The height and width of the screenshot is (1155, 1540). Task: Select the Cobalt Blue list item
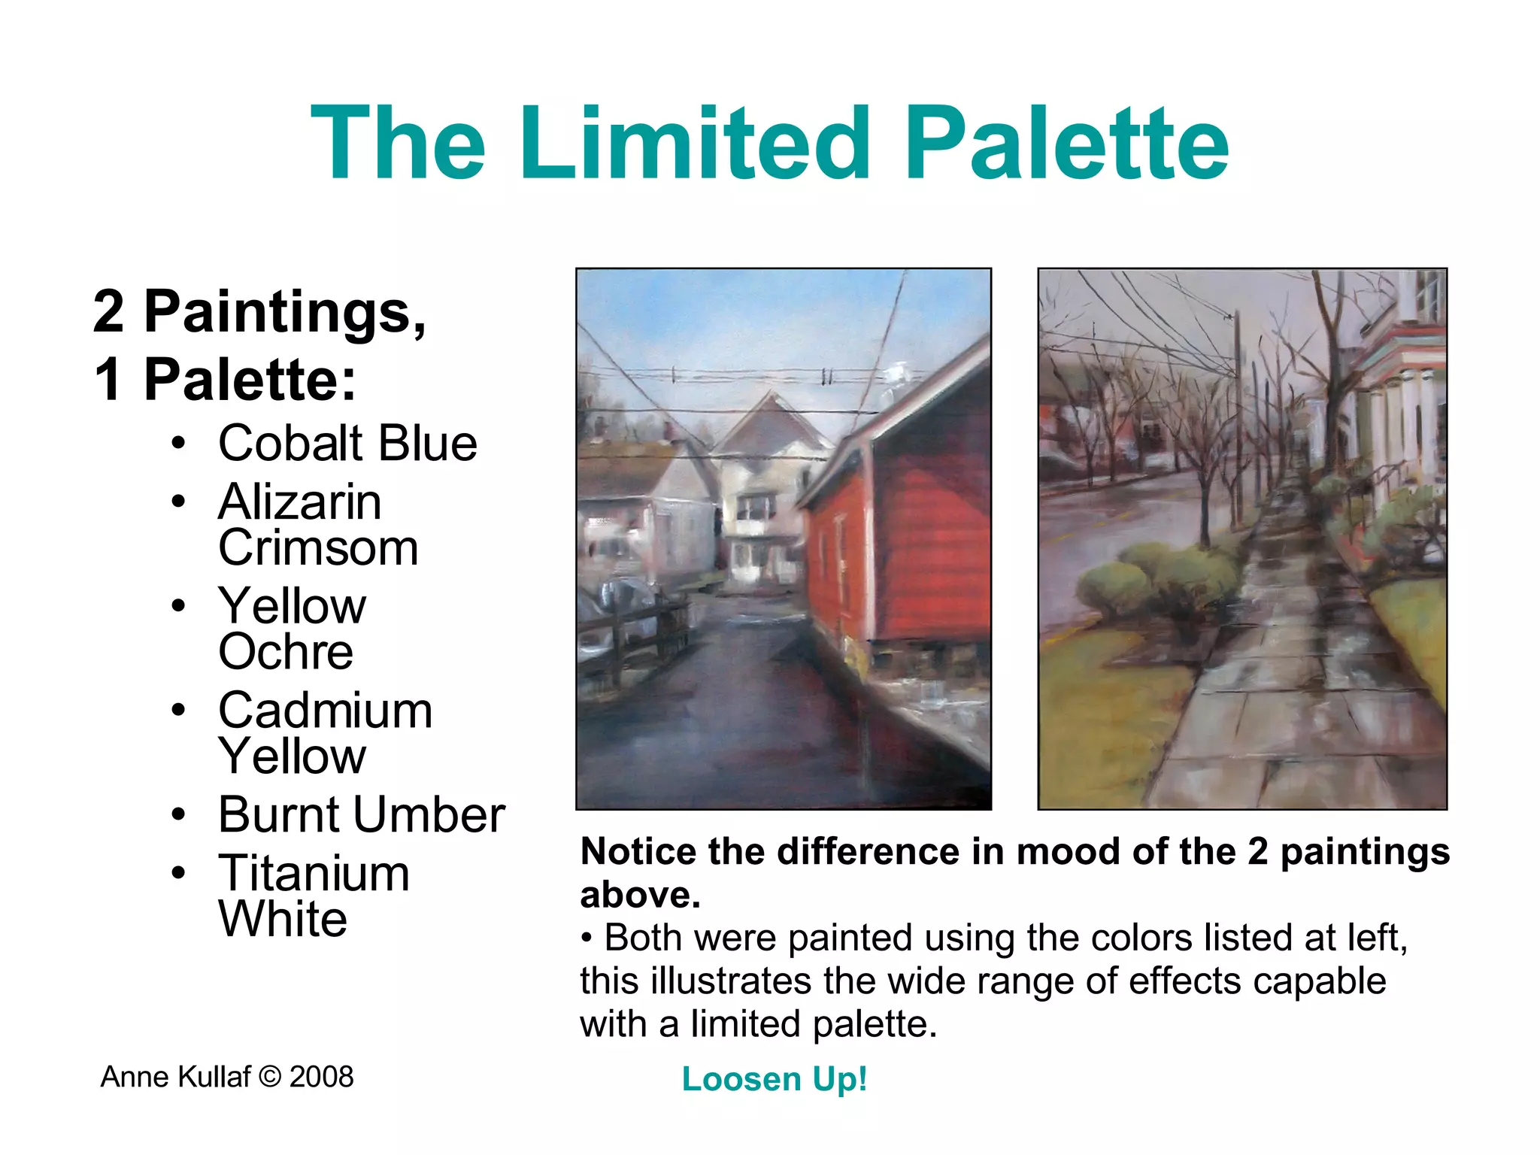click(347, 443)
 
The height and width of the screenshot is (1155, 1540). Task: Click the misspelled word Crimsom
click(318, 547)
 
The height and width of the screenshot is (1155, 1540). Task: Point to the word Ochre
click(286, 651)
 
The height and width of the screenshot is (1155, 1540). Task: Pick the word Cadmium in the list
click(325, 710)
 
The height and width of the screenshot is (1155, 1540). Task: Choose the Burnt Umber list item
click(361, 814)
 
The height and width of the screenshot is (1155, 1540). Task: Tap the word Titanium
click(314, 873)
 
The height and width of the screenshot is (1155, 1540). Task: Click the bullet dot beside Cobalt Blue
click(178, 443)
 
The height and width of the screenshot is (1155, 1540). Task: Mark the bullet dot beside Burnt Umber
click(178, 814)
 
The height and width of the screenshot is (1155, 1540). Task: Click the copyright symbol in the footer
click(269, 1077)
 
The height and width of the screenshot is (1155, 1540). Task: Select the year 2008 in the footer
click(321, 1077)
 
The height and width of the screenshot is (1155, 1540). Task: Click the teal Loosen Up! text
click(775, 1079)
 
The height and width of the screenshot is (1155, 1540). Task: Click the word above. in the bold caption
click(640, 895)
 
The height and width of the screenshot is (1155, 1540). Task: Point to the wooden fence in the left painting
click(639, 632)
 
